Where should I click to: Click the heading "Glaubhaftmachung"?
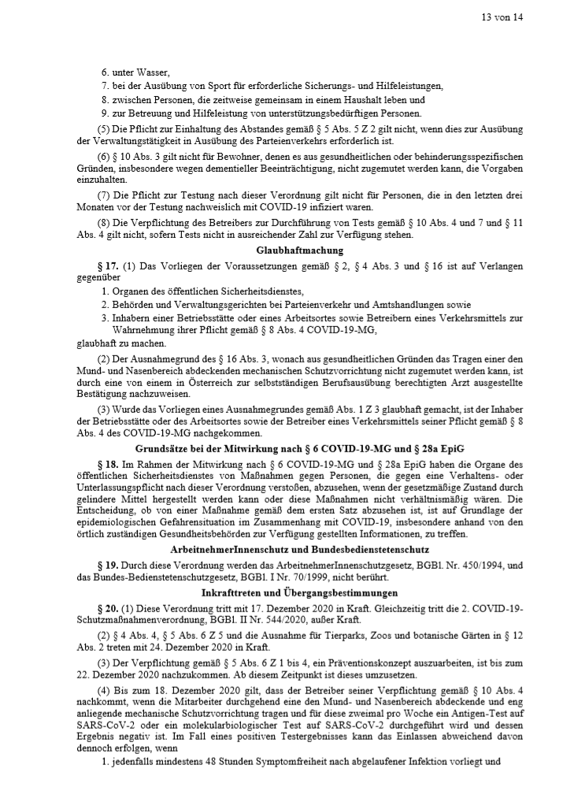(288, 250)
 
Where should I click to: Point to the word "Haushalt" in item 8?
(359, 100)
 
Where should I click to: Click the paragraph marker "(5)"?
(103, 128)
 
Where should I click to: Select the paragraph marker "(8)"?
(103, 223)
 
